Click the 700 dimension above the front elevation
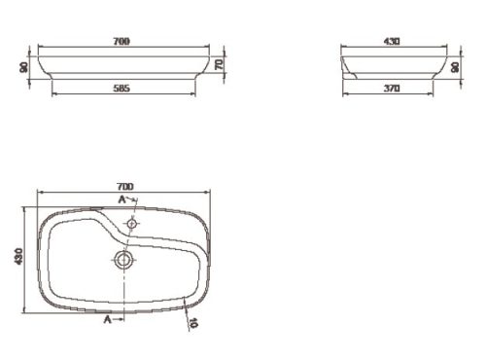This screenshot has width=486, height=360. tap(121, 42)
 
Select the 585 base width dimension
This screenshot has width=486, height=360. tap(121, 89)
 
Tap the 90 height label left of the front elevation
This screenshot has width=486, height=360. tap(24, 67)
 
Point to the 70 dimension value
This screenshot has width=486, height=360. tap(220, 64)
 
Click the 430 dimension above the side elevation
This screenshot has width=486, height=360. tap(392, 42)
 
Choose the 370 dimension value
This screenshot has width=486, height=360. tap(392, 89)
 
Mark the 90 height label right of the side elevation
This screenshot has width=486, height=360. tap(455, 67)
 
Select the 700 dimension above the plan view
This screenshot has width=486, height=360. tap(124, 187)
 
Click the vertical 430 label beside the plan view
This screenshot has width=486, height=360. tap(18, 256)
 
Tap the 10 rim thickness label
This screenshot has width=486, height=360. tap(193, 323)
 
